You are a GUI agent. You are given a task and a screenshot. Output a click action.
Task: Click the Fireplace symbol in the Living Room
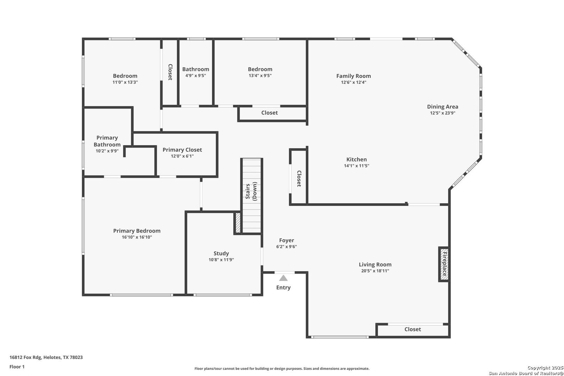pos(444,264)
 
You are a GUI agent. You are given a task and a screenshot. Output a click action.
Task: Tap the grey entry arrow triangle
pos(283,278)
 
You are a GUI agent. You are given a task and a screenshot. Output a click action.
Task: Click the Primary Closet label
pos(182,150)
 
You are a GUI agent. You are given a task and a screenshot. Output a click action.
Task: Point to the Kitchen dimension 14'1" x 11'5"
pos(357,166)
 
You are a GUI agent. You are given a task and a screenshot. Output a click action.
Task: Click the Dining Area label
pos(442,107)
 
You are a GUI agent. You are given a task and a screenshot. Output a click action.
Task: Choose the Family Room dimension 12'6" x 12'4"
pos(353,82)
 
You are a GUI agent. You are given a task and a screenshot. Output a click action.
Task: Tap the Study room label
pos(221,253)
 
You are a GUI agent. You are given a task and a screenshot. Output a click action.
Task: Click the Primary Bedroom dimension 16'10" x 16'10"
pos(137,237)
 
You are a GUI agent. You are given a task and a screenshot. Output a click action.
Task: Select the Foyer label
pos(287,240)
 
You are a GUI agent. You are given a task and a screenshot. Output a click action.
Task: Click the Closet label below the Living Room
pos(413,329)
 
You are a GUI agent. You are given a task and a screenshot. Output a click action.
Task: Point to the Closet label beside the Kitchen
pos(299,179)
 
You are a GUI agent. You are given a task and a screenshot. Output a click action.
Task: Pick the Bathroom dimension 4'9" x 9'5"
pos(196,76)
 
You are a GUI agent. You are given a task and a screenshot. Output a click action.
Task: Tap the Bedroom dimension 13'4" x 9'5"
pos(260,76)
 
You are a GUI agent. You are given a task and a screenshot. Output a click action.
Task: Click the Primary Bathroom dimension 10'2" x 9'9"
pos(107,151)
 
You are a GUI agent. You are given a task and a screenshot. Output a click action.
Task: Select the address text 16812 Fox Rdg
pos(25,357)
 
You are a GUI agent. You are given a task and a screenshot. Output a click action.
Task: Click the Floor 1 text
pos(17,367)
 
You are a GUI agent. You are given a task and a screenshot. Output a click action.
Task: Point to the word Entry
pos(283,287)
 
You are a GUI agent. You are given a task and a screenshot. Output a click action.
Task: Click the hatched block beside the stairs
pos(238,223)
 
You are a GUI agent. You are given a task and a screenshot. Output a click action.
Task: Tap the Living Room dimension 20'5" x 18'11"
pos(375,271)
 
